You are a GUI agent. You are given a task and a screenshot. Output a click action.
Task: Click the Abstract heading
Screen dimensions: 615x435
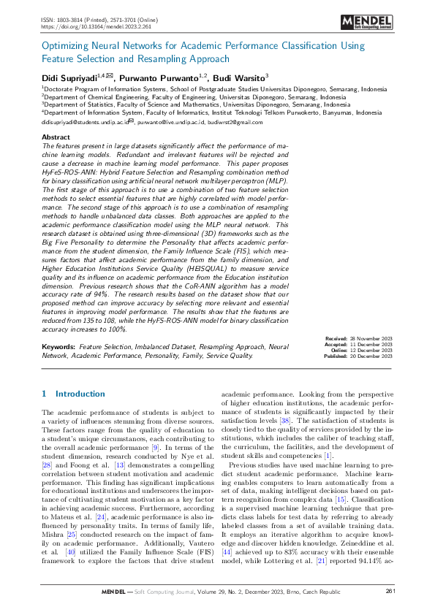pos(56,137)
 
